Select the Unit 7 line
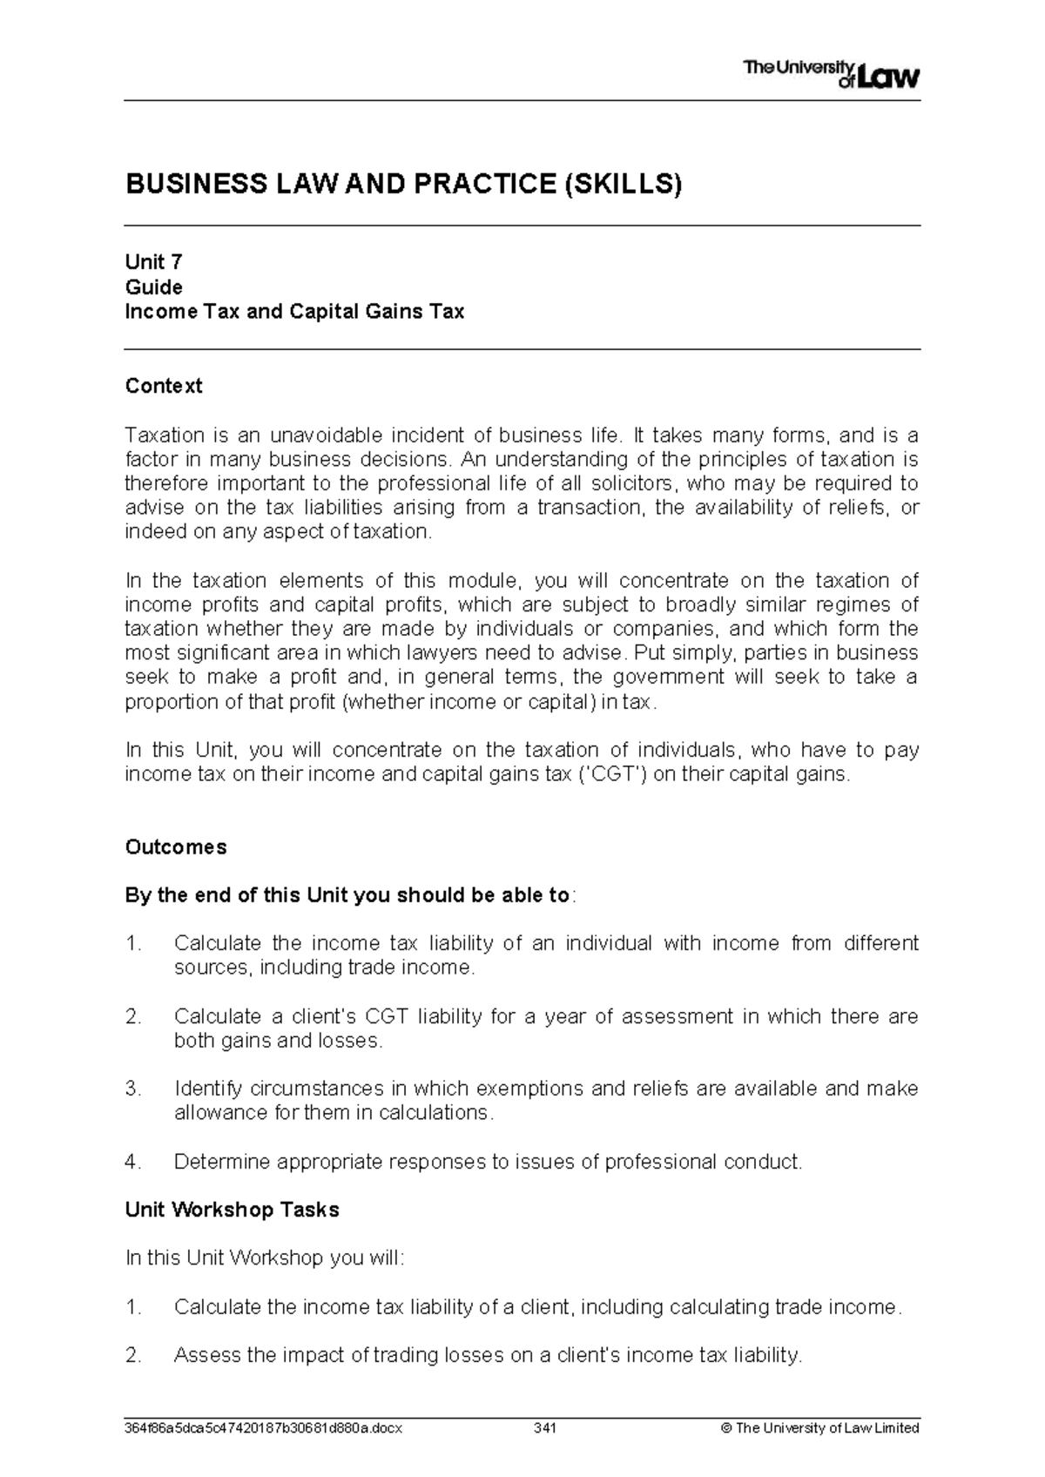click(153, 262)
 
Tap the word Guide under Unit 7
click(153, 287)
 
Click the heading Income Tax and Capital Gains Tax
click(294, 312)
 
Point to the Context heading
click(164, 386)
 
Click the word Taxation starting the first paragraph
click(165, 435)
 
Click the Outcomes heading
click(176, 847)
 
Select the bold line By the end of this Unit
click(348, 895)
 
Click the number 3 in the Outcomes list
click(131, 1089)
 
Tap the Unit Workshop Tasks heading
click(233, 1210)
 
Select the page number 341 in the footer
click(545, 1428)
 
